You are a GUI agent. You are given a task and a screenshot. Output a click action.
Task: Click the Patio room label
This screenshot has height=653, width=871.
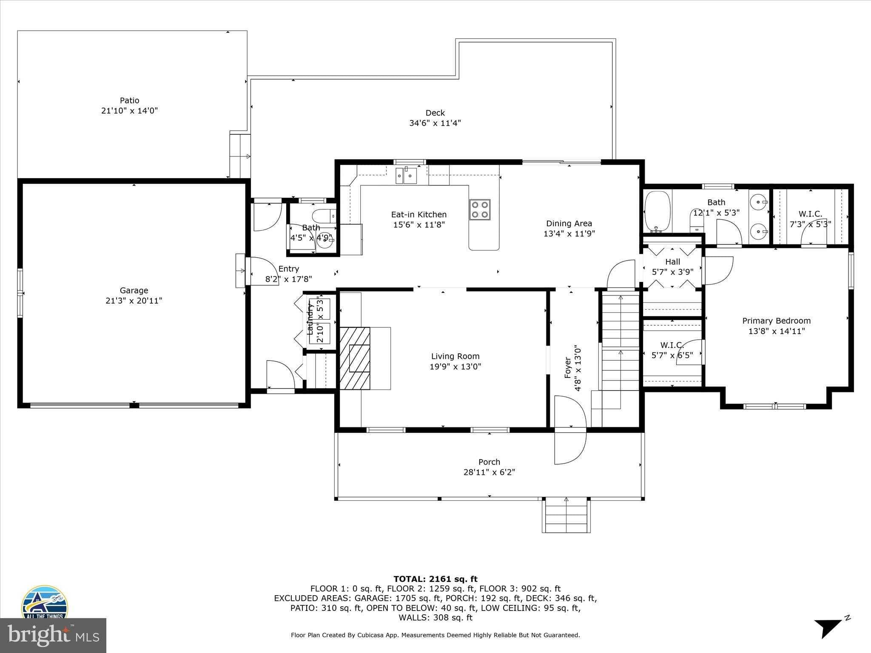(x=129, y=101)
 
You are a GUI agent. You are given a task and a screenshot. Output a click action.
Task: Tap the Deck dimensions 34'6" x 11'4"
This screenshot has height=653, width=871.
(x=432, y=123)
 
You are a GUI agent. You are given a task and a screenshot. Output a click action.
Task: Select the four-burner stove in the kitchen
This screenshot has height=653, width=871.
(x=480, y=210)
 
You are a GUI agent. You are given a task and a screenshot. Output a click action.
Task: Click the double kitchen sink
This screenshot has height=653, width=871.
(x=406, y=176)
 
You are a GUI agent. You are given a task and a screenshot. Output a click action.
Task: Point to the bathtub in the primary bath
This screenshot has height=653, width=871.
(x=658, y=211)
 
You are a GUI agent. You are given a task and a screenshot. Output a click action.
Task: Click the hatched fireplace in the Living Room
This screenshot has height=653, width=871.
(x=355, y=358)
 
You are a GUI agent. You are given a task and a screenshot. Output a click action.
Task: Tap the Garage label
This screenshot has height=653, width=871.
(x=134, y=290)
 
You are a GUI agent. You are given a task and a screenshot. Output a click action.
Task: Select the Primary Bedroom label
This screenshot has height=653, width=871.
(x=776, y=321)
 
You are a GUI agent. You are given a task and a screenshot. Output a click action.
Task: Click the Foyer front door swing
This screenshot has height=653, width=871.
(x=570, y=412)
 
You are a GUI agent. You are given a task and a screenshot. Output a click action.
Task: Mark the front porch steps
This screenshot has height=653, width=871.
(x=566, y=516)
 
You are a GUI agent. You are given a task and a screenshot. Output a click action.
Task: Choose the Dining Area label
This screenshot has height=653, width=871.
(x=569, y=224)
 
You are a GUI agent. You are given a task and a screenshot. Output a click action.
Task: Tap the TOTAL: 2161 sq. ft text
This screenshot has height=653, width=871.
(x=435, y=579)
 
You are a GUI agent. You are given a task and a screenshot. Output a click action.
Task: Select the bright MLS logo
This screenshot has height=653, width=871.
(x=53, y=635)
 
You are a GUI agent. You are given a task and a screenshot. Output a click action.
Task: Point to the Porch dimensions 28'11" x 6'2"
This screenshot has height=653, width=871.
(x=489, y=472)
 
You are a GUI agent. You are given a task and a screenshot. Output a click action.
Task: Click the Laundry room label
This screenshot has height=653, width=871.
(x=310, y=319)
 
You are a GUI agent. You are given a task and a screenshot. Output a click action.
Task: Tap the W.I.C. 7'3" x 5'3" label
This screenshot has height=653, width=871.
(x=810, y=224)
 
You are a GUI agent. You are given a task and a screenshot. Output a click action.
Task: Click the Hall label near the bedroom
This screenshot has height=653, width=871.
(x=673, y=262)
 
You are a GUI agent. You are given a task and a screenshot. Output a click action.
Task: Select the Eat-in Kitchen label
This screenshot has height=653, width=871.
(x=419, y=215)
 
